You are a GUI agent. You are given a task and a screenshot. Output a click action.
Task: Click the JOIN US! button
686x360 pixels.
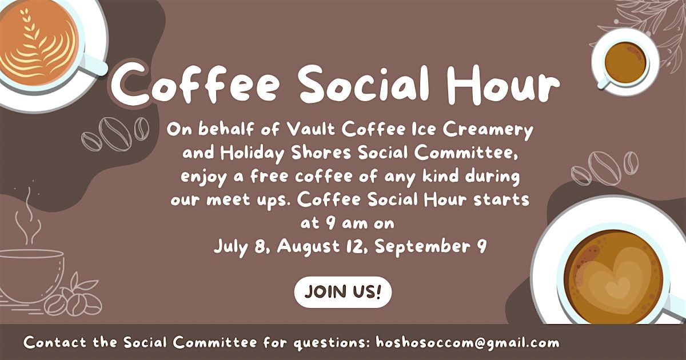click(x=342, y=292)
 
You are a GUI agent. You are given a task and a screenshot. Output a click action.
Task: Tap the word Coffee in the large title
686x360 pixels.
click(x=196, y=83)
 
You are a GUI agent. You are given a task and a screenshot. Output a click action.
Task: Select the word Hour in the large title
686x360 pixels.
click(x=503, y=84)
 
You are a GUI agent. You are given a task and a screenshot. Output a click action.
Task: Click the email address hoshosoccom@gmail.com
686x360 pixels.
click(x=468, y=342)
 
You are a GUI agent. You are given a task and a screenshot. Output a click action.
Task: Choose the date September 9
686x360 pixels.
click(x=430, y=247)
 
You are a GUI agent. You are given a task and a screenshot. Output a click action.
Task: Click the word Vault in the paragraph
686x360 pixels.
click(x=311, y=130)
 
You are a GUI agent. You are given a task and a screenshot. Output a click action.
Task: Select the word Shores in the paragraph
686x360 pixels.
click(x=321, y=153)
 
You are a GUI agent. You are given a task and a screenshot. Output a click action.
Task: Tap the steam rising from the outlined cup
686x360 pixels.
click(x=27, y=216)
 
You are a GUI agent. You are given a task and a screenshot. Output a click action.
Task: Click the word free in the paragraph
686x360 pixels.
click(x=270, y=177)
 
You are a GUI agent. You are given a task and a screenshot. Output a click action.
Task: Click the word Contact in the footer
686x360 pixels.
click(x=55, y=342)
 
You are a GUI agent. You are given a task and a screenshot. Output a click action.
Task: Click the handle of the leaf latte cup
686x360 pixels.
click(x=93, y=65)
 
